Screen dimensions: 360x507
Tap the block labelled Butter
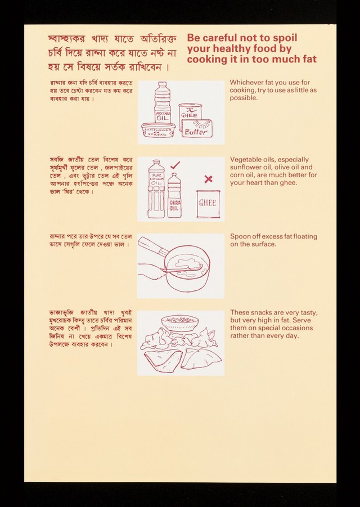[x=197, y=128]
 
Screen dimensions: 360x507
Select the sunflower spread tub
[x=159, y=129]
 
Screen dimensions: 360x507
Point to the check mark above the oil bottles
[x=175, y=165]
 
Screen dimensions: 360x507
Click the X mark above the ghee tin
[x=209, y=179]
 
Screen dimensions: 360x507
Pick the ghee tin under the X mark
[x=208, y=204]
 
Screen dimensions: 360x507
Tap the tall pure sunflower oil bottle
[x=156, y=189]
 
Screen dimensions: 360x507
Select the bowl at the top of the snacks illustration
[x=180, y=322]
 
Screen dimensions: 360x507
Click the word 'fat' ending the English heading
[x=310, y=59]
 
